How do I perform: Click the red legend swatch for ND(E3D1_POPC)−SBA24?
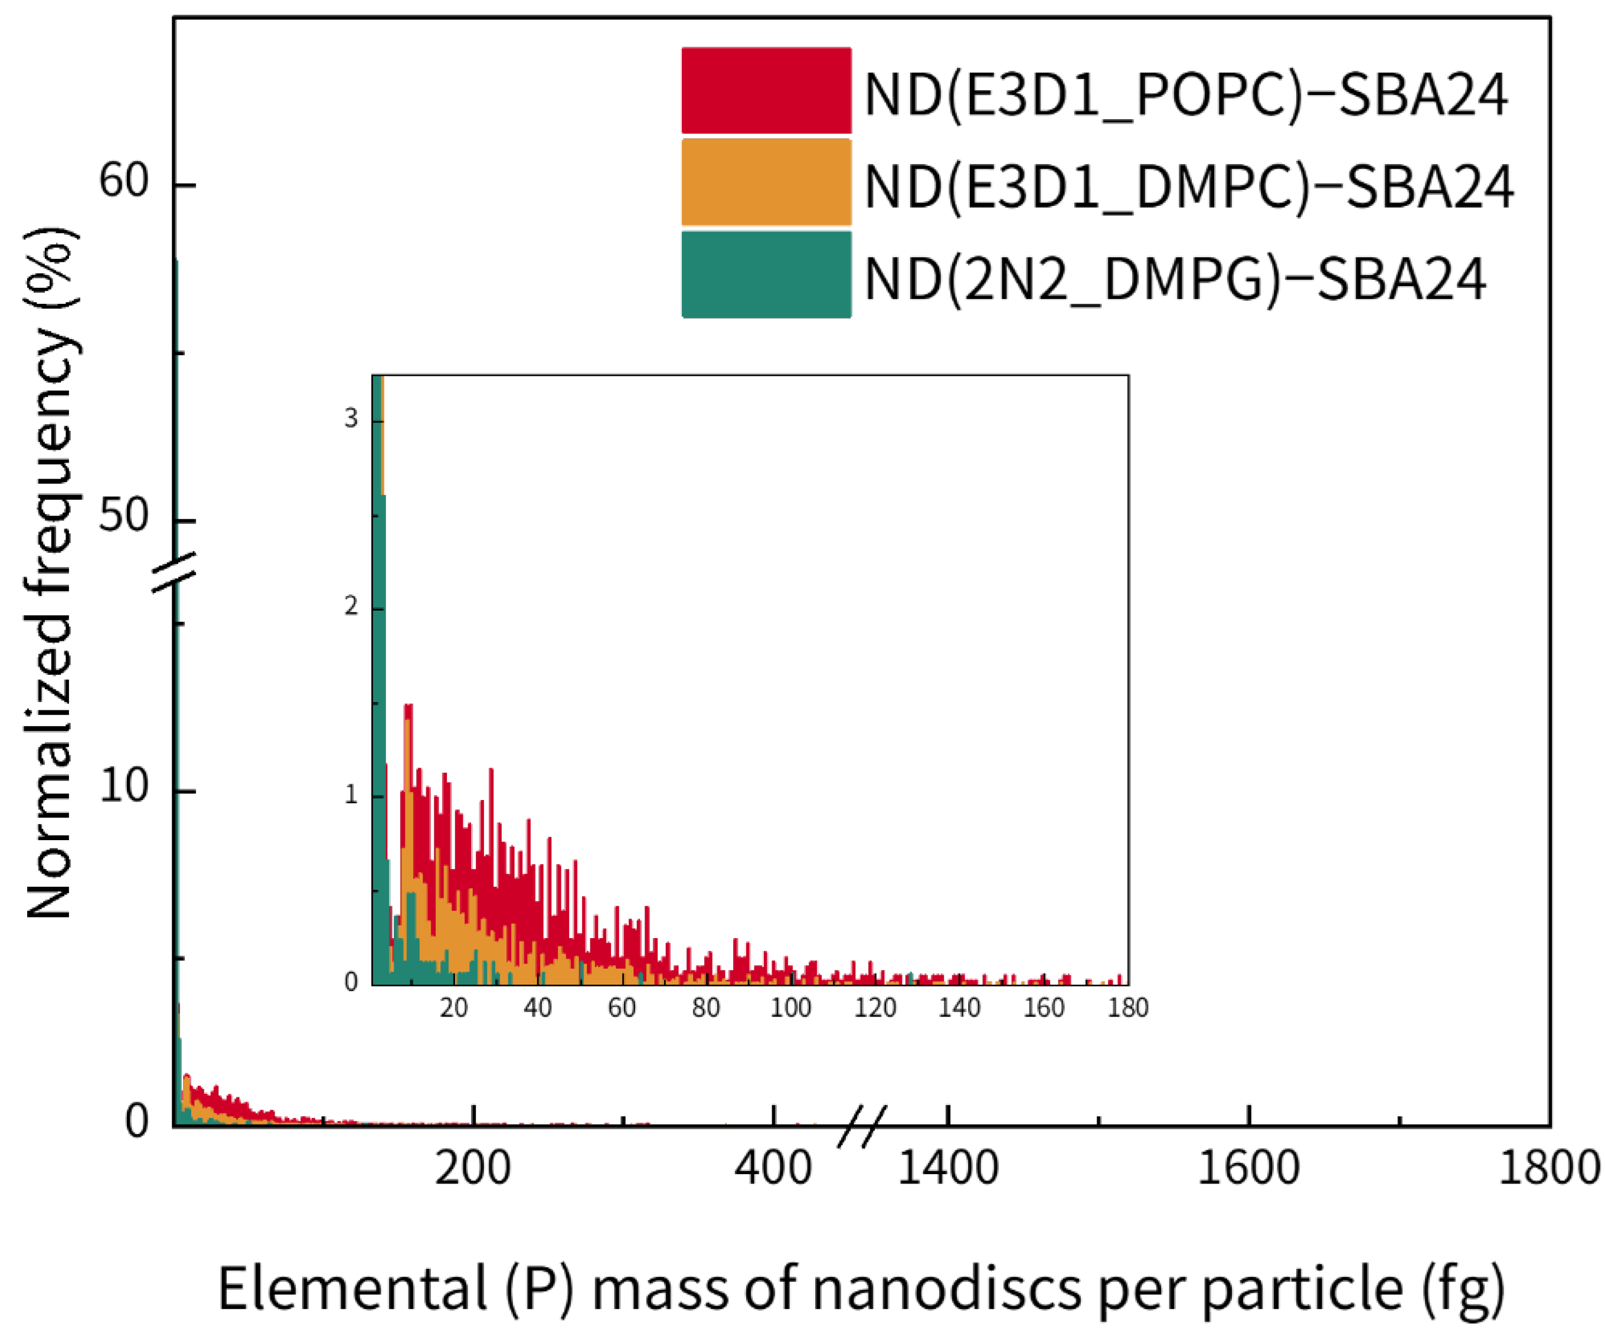pos(766,91)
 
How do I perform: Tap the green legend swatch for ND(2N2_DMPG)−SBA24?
pos(766,274)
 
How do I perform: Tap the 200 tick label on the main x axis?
pos(472,1168)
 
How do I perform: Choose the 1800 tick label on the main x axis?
pos(1548,1168)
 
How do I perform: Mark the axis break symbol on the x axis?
pos(862,1126)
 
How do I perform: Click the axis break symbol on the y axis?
pos(174,572)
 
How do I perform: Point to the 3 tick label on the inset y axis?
pos(351,419)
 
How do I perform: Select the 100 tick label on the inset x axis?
pos(790,1008)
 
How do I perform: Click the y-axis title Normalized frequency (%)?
pos(50,573)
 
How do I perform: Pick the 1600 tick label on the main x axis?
pos(1248,1168)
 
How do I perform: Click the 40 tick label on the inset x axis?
pos(537,1008)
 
